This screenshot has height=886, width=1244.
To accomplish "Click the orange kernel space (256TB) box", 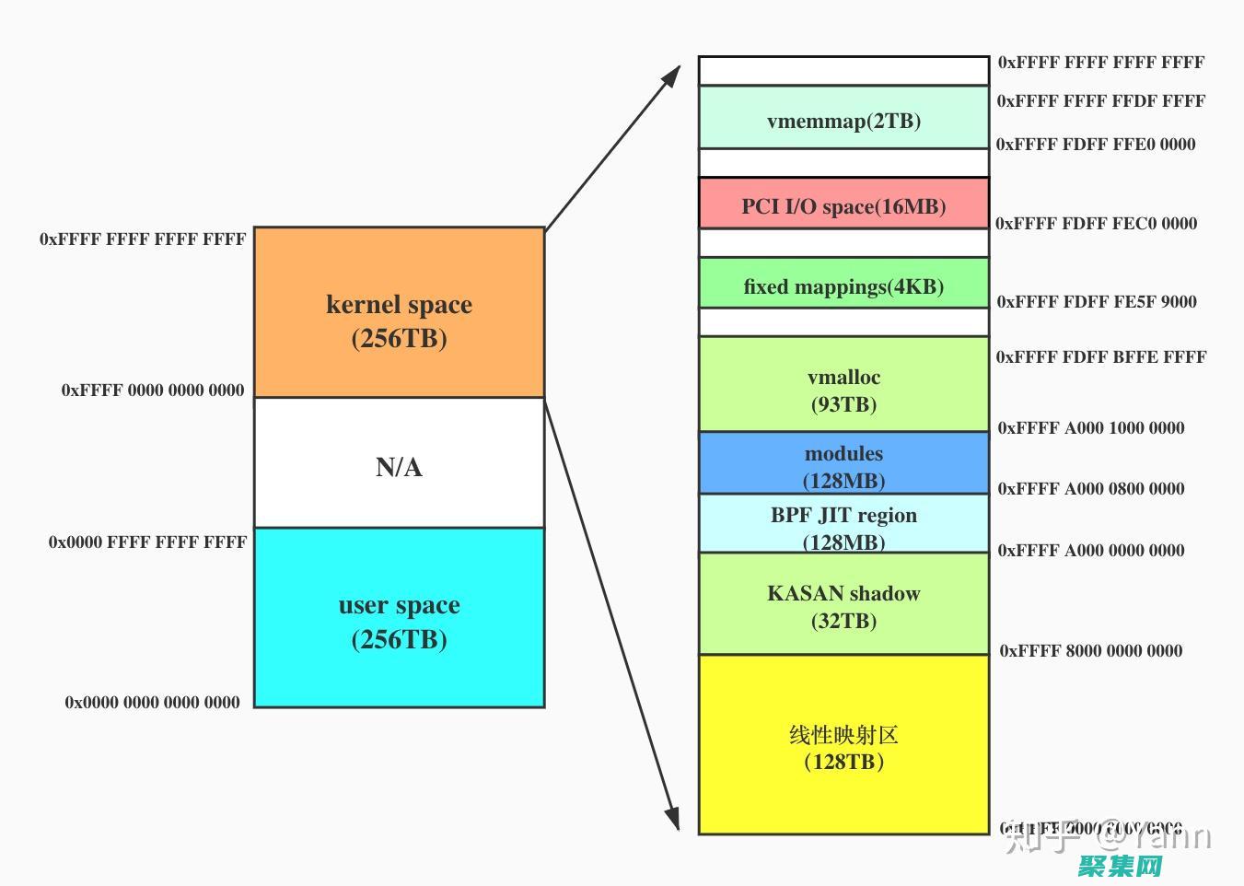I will (x=399, y=313).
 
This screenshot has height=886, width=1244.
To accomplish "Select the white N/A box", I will (x=399, y=463).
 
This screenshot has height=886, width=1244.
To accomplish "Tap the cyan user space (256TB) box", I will (x=399, y=618).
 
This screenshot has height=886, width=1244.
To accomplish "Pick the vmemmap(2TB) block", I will (x=843, y=118).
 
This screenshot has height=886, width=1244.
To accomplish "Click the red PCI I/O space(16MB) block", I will (x=843, y=204).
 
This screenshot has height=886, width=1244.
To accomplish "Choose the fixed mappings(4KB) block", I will (x=843, y=284).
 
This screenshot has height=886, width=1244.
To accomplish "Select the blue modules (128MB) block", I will (x=843, y=463).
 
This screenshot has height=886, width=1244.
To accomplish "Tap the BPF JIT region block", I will (x=843, y=524).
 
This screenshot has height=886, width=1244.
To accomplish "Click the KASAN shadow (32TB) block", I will (x=843, y=604).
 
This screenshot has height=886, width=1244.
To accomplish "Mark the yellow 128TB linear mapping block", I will (x=843, y=745).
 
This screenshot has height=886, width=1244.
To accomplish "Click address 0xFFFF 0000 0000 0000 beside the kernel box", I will (x=153, y=391).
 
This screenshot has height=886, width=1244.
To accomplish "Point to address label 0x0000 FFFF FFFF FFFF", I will (x=147, y=542).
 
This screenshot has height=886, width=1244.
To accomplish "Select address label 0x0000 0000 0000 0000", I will (x=152, y=703).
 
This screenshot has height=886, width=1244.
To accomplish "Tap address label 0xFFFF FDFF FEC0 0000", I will (x=1096, y=224).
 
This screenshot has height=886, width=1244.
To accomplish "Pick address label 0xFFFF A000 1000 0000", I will (x=1091, y=428).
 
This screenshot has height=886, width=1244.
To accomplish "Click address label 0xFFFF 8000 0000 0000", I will (x=1091, y=651).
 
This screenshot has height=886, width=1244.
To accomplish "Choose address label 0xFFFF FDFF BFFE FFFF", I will (x=1100, y=357).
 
